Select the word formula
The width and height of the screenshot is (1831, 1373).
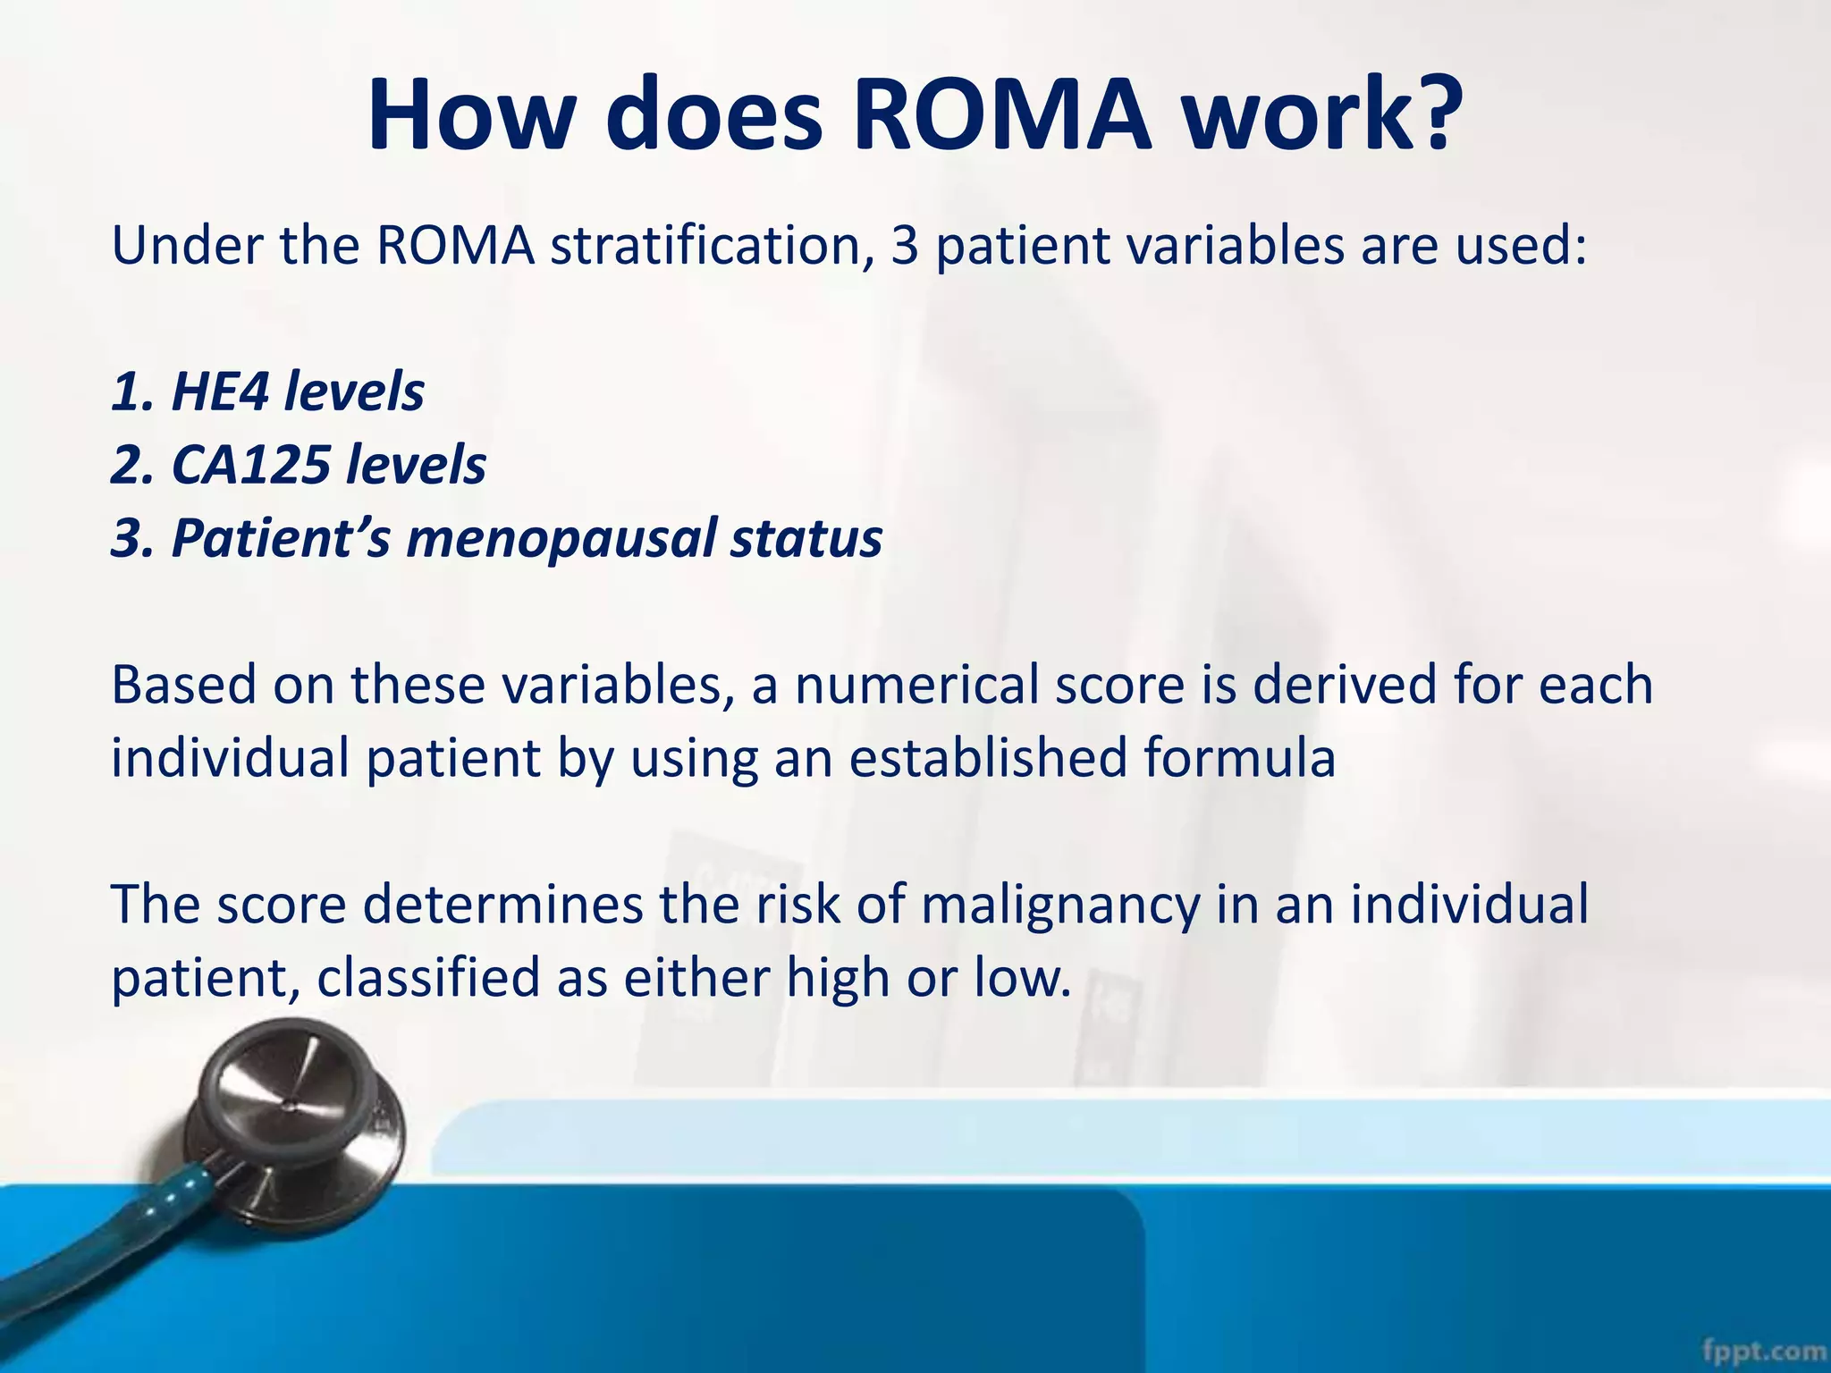pyautogui.click(x=1239, y=758)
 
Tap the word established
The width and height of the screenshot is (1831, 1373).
pyautogui.click(x=987, y=758)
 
